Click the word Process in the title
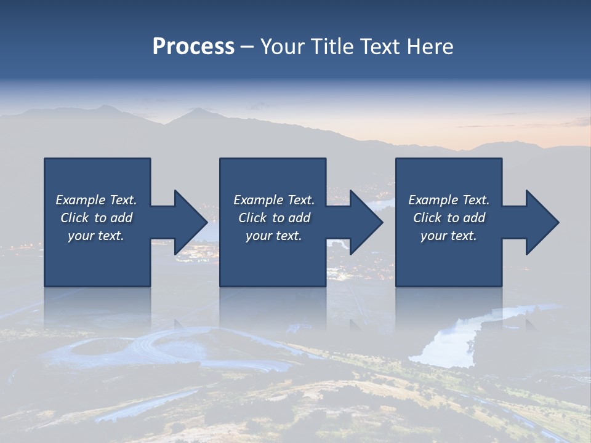(x=193, y=47)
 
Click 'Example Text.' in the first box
(x=96, y=200)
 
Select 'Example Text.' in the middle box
(x=274, y=200)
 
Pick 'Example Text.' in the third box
(x=449, y=200)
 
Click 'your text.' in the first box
(x=96, y=236)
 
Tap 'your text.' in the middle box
(x=274, y=236)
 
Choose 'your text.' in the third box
(x=449, y=236)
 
